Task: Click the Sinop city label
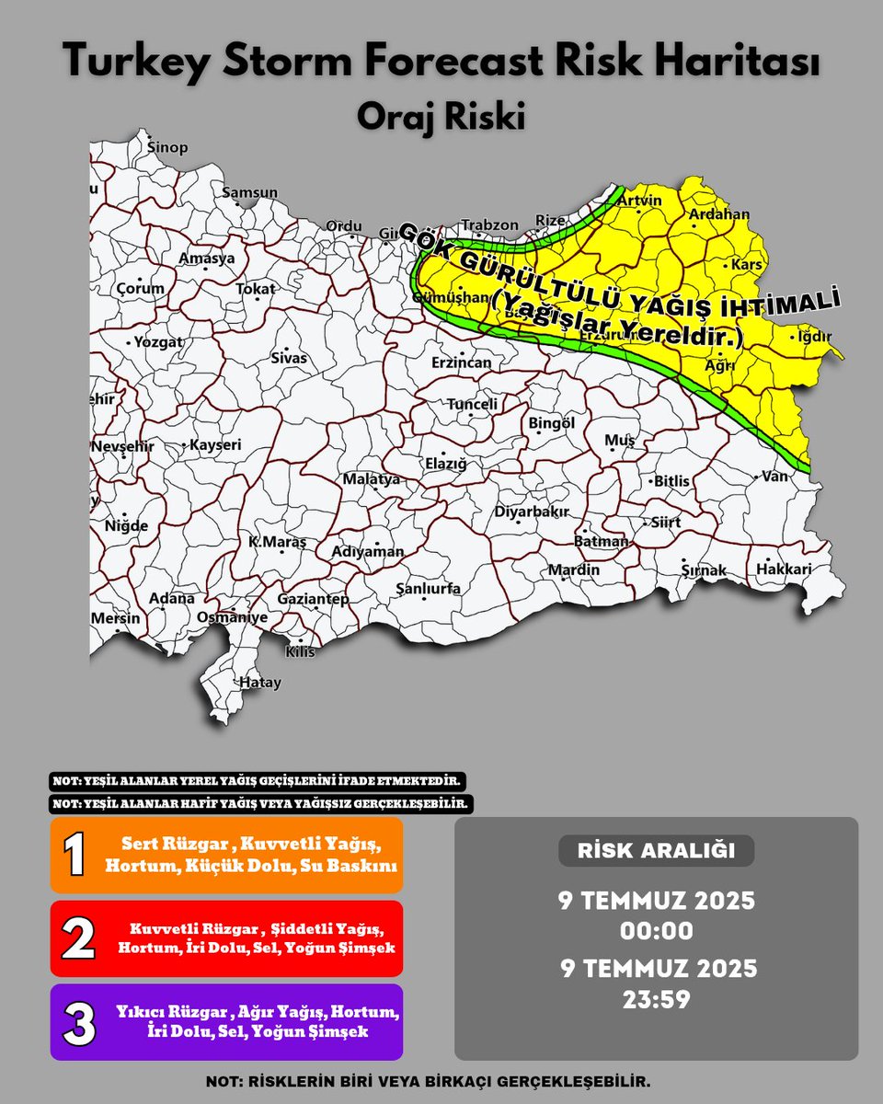coord(168,148)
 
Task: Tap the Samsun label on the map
coord(249,193)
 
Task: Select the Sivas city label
coord(288,357)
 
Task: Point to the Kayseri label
coord(215,445)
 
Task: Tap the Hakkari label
coord(784,569)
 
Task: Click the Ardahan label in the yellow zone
coord(719,215)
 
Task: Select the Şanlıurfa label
coord(428,590)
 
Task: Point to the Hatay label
coord(259,684)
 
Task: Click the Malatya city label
coord(372,479)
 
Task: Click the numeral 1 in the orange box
coord(75,856)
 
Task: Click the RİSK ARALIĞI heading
coord(656,851)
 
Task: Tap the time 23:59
coord(656,998)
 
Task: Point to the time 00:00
coord(656,930)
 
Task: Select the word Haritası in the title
coord(736,63)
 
